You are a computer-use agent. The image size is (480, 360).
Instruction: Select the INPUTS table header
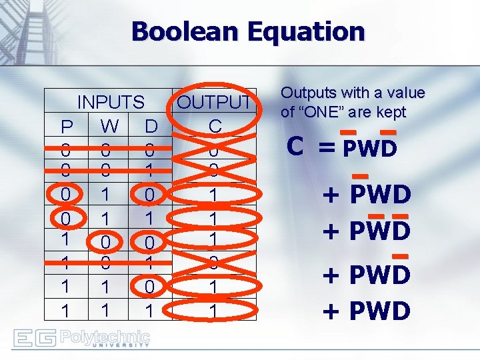point(111,102)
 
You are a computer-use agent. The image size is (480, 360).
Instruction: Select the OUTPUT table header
point(214,102)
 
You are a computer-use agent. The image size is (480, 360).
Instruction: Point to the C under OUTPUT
point(214,126)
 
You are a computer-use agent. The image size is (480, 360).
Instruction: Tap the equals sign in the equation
point(327,147)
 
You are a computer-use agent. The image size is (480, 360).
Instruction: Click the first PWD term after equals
point(369,148)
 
